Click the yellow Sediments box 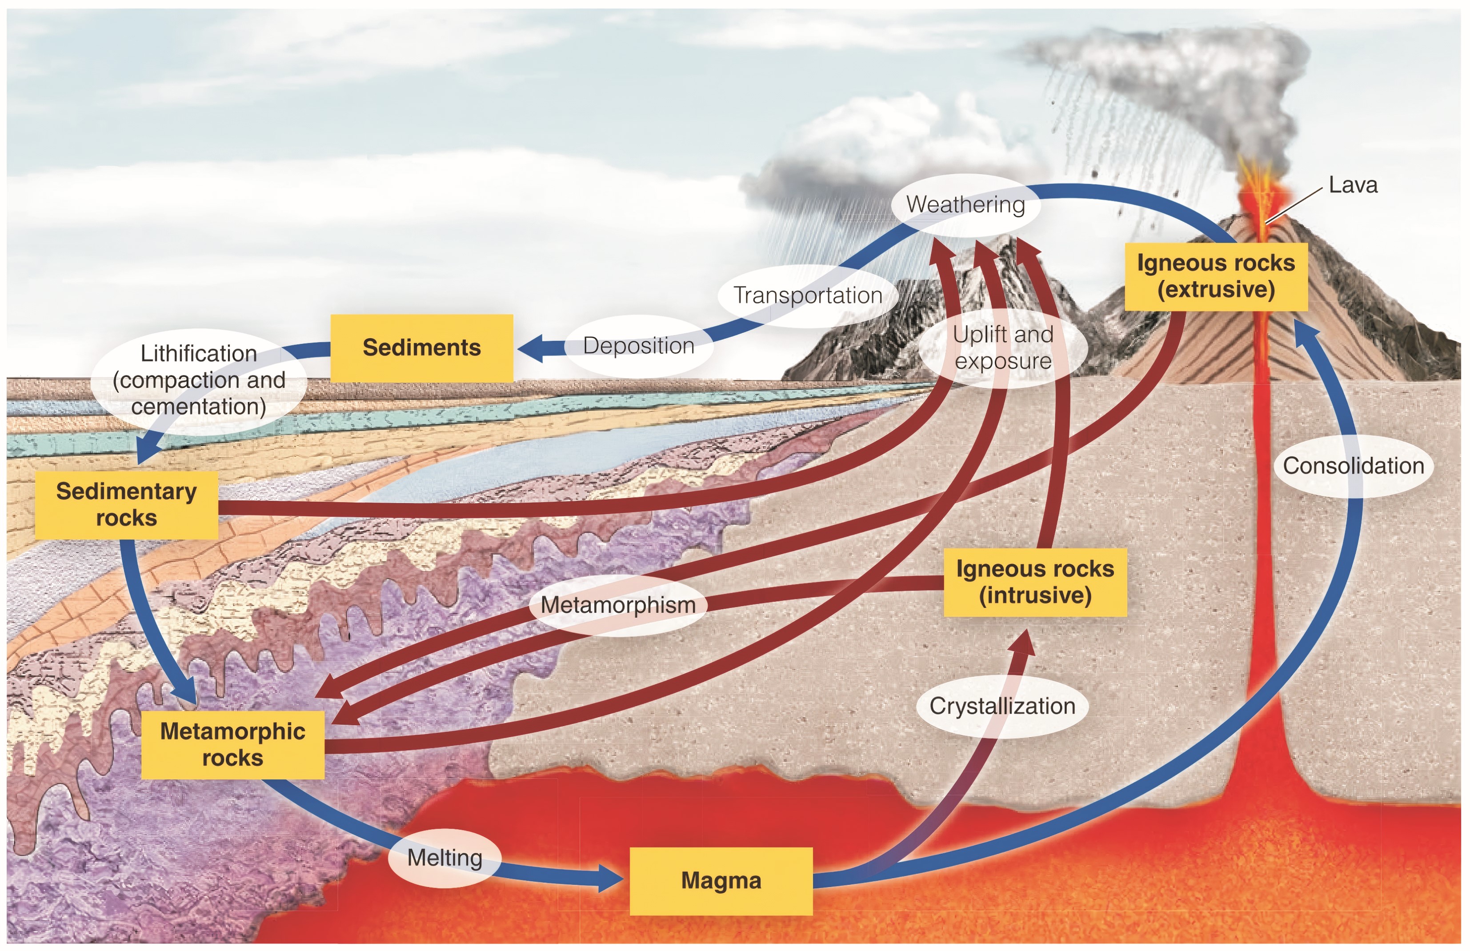tap(421, 348)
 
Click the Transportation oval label tap(807, 295)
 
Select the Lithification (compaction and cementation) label tap(198, 380)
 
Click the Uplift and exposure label tap(1002, 348)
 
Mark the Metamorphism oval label tap(617, 605)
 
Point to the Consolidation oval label tap(1353, 466)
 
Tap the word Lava tap(1353, 185)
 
